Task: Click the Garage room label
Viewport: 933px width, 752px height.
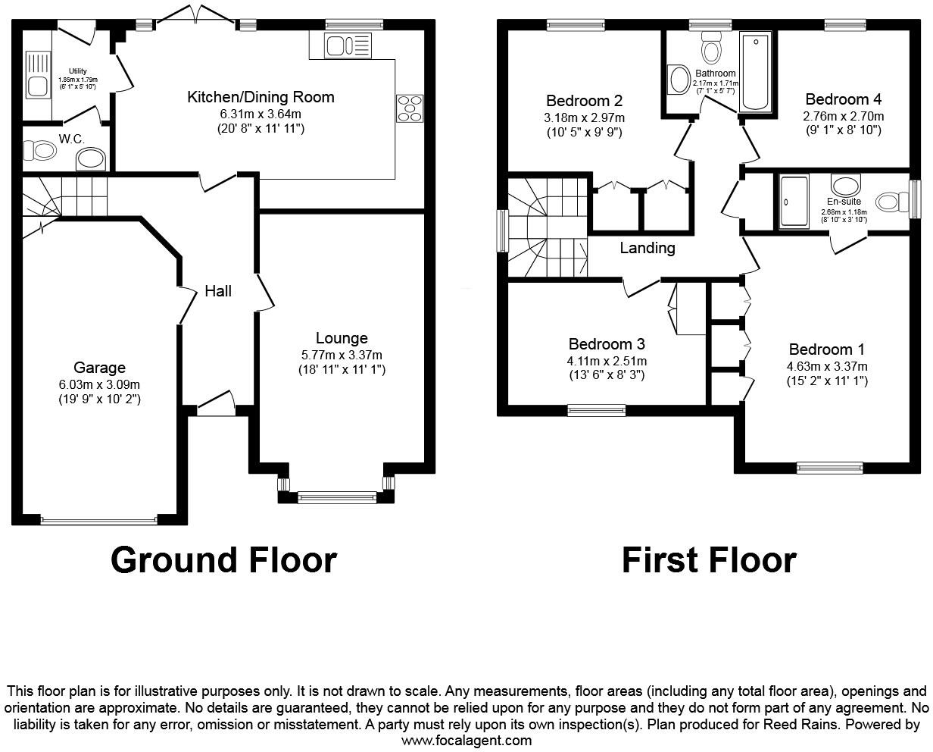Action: click(99, 368)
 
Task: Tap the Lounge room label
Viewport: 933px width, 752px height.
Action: click(342, 338)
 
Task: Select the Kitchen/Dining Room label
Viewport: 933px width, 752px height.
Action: click(261, 97)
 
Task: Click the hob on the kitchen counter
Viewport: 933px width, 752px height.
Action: click(410, 108)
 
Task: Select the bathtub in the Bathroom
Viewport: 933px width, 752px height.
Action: click(755, 72)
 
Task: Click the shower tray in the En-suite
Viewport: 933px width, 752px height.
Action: click(794, 202)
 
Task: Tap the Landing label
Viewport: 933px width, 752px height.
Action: click(647, 248)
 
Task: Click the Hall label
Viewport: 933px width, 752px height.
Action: click(218, 291)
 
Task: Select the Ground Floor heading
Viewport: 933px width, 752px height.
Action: click(223, 560)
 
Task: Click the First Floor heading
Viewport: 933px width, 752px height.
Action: click(709, 560)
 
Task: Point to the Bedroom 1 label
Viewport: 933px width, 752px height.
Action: click(826, 349)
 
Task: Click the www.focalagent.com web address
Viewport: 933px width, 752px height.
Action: click(466, 741)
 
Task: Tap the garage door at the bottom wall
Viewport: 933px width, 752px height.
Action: click(98, 520)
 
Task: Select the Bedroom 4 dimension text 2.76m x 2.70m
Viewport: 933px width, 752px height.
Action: click(843, 117)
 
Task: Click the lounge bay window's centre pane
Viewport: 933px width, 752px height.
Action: click(336, 497)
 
